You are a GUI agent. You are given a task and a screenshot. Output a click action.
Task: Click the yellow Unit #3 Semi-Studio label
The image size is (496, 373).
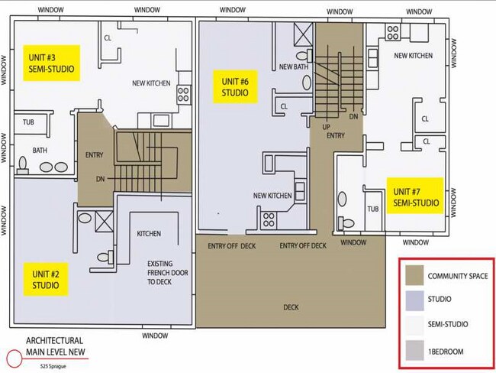click(51, 63)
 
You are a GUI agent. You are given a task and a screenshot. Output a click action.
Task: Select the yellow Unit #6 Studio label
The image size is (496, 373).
click(235, 87)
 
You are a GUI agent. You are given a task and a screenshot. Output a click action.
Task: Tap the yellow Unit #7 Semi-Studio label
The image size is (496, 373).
click(415, 196)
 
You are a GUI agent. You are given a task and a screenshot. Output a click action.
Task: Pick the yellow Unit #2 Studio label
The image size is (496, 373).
click(46, 279)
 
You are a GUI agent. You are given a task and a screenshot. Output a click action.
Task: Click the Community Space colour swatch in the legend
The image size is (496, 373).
click(414, 275)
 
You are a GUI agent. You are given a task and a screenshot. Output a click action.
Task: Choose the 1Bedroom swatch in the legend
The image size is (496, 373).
click(414, 351)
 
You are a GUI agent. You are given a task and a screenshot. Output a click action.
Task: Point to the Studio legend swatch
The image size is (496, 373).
click(414, 300)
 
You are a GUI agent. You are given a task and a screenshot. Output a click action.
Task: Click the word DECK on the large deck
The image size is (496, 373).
click(291, 307)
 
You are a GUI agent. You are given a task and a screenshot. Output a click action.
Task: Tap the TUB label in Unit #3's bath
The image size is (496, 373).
click(28, 122)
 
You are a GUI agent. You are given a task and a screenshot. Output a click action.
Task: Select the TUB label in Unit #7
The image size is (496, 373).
click(373, 209)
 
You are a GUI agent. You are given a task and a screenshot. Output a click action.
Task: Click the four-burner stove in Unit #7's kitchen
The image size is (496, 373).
click(393, 32)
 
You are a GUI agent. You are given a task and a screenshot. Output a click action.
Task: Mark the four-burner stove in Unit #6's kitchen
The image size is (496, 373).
click(269, 220)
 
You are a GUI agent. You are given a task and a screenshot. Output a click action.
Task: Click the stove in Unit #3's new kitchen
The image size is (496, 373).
click(183, 94)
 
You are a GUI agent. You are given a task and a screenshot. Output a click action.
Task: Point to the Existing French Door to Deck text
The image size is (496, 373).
click(167, 273)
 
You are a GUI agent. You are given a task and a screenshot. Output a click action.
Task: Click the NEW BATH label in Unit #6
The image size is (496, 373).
click(294, 66)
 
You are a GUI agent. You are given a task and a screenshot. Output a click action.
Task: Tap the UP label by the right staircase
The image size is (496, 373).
click(326, 127)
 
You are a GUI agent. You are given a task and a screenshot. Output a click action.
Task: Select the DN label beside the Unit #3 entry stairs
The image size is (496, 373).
click(100, 179)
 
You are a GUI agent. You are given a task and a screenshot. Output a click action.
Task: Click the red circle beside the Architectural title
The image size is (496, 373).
click(14, 358)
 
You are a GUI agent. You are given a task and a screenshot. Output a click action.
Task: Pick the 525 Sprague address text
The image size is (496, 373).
click(53, 366)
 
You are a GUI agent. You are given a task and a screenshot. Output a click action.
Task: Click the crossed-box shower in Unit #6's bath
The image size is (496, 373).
click(304, 34)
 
